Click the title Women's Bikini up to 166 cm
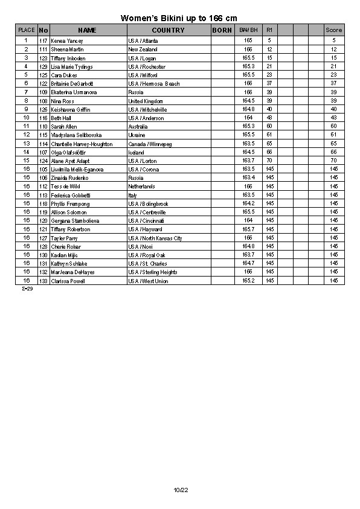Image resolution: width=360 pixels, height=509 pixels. point(179,19)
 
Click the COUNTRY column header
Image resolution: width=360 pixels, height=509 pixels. point(168,30)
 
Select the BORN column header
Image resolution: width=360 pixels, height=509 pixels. point(222,30)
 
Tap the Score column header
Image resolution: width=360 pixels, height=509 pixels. point(333,30)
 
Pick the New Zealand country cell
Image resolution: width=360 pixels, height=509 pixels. point(143,49)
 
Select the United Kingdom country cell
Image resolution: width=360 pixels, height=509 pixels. point(146,101)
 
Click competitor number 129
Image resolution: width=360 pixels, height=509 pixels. point(43,66)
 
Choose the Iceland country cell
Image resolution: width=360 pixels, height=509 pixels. point(137,153)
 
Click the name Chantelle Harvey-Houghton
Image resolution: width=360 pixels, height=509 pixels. point(82,144)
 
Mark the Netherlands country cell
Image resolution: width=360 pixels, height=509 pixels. point(141,187)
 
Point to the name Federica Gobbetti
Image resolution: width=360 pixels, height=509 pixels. point(71,196)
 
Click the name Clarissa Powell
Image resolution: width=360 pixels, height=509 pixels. point(68,281)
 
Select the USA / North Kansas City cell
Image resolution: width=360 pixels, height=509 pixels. point(155,238)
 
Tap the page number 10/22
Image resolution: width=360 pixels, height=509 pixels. point(181,489)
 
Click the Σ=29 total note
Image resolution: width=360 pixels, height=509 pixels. point(27,289)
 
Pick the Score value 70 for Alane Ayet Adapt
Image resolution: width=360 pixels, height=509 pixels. point(333,161)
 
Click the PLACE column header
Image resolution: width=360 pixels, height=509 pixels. point(27,30)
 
